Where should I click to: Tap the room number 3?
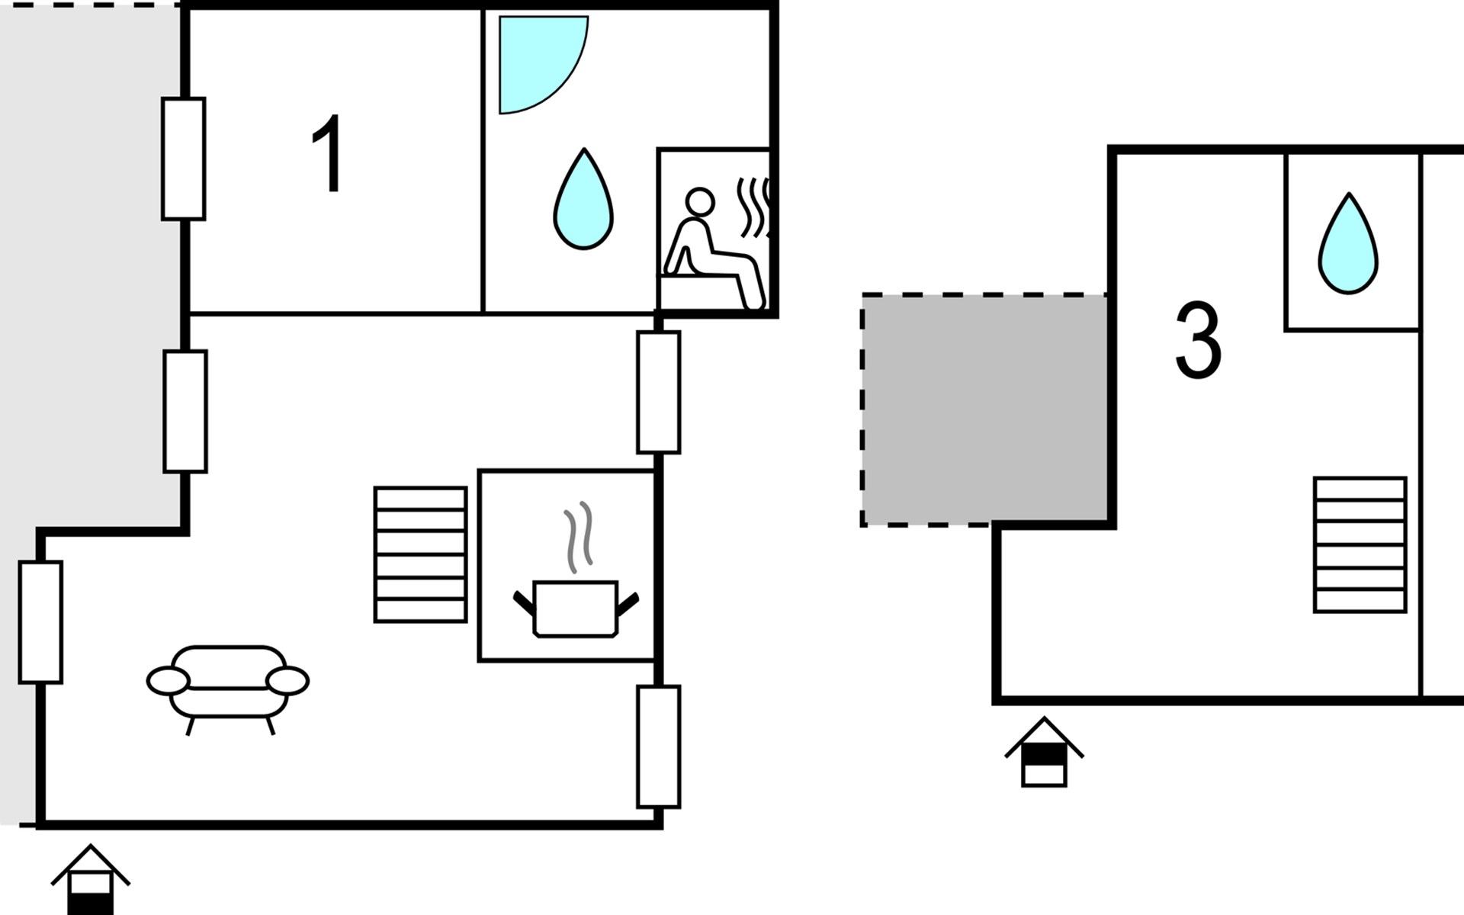tap(1198, 340)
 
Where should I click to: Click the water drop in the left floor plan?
tap(583, 199)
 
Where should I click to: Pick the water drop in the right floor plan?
tap(1349, 244)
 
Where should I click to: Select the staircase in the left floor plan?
tap(420, 554)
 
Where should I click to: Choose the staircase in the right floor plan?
tap(1360, 544)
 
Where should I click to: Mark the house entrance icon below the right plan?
tap(1044, 752)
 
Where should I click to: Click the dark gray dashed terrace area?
tap(984, 409)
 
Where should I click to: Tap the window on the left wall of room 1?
tap(184, 159)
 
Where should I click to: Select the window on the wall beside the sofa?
tap(40, 622)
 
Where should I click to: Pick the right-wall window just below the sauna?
tap(659, 392)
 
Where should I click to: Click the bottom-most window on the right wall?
tap(659, 746)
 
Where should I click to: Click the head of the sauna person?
tap(699, 203)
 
